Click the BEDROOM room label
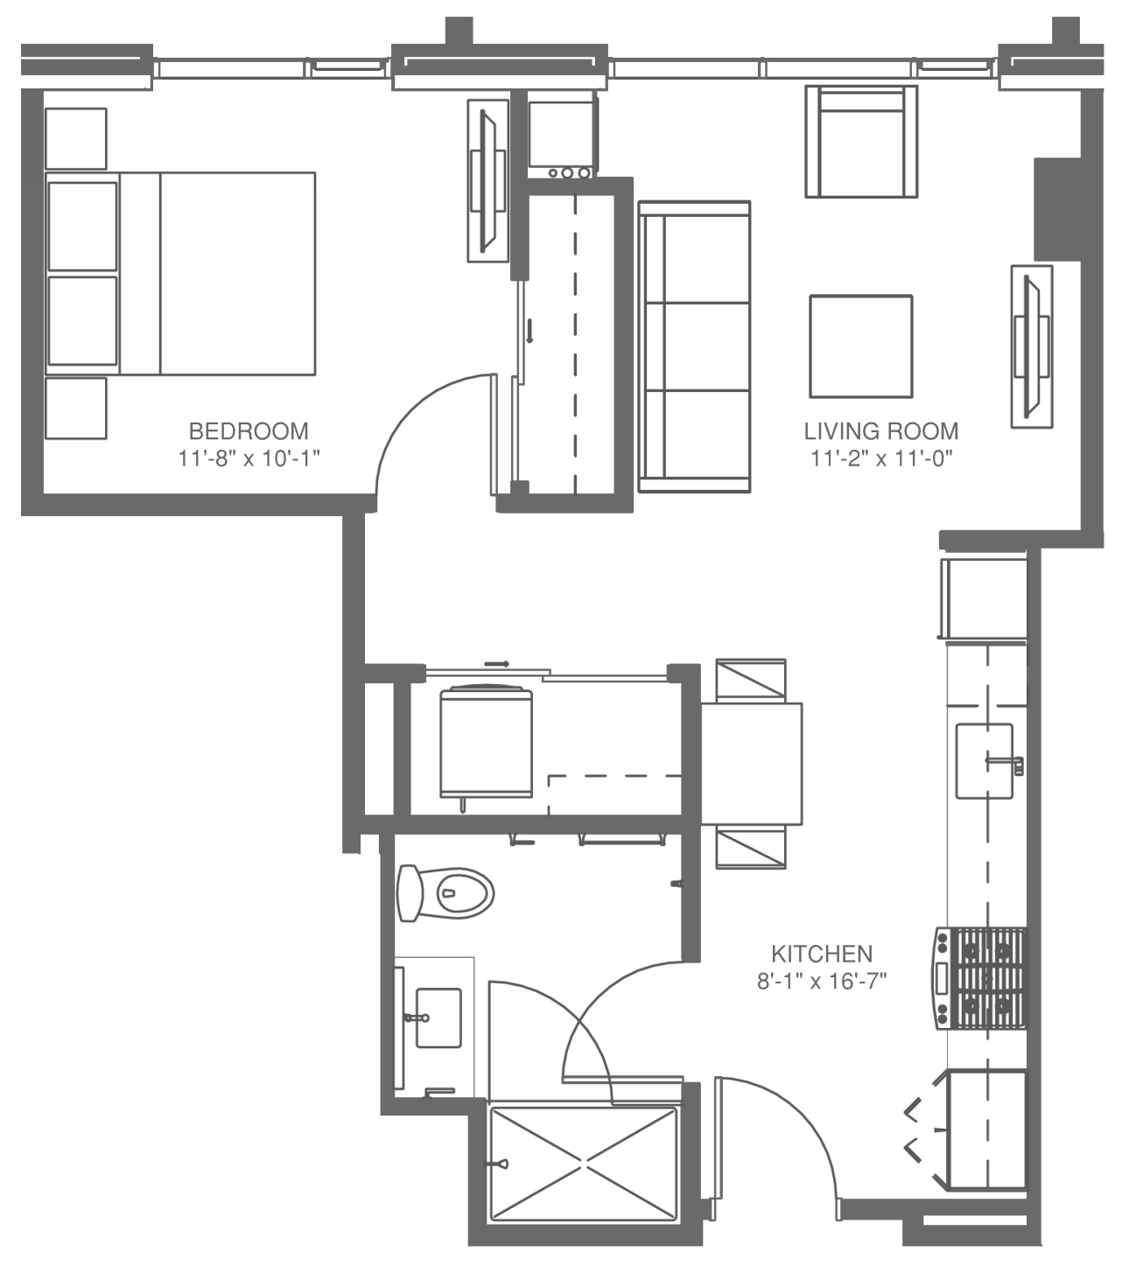pos(249,430)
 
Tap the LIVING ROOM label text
pos(880,430)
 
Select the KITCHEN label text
pos(821,954)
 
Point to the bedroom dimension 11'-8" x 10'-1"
pos(249,458)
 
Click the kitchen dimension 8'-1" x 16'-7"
pos(821,981)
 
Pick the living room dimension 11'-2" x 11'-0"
pos(880,458)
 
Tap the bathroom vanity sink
pos(438,1018)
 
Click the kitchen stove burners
pos(991,977)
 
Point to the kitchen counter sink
pos(984,760)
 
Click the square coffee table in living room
pos(860,346)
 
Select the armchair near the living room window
pos(861,142)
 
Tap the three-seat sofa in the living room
pos(694,346)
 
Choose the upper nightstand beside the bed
pos(76,138)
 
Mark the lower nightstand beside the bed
pos(76,408)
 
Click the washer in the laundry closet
pos(487,741)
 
